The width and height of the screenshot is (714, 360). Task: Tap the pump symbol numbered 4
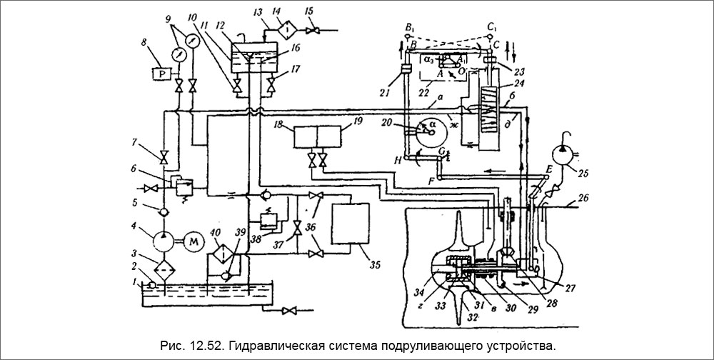[164, 241]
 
